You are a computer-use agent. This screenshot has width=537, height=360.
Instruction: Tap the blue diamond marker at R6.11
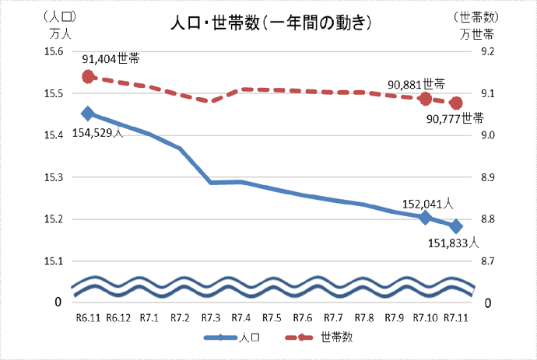[88, 114]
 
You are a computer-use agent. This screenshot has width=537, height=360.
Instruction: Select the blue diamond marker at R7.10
[426, 217]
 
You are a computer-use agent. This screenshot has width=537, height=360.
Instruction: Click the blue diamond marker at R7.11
[457, 226]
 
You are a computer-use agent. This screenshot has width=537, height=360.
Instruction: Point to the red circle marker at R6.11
[88, 76]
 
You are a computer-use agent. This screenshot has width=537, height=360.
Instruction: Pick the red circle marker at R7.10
[426, 99]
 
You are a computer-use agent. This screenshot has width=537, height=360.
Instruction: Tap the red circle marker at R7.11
[457, 103]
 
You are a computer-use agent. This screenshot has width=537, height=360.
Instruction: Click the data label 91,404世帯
[111, 58]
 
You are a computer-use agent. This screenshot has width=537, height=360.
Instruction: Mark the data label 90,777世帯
[455, 119]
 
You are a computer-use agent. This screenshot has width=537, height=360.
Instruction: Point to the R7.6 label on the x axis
[303, 317]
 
